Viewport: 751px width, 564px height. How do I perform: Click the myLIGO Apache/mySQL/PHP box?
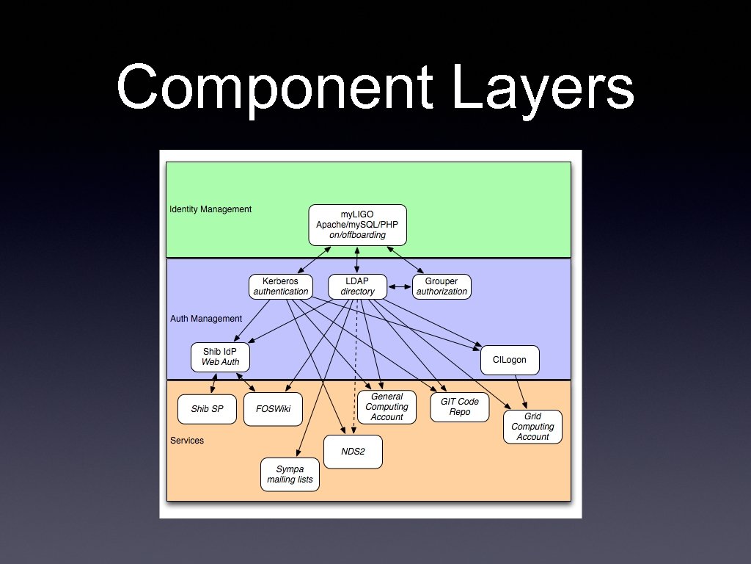tap(357, 225)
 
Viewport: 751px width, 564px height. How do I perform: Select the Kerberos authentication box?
tap(281, 286)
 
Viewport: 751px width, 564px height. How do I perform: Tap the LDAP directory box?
tap(357, 286)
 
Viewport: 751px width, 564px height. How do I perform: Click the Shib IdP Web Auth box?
tap(220, 357)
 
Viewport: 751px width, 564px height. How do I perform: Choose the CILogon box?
tap(510, 360)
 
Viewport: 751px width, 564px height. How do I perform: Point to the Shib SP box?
tap(207, 409)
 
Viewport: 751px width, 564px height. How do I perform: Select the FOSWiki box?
tap(272, 409)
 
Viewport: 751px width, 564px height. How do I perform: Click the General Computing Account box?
tap(387, 407)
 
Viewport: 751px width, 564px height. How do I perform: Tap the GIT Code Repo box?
tap(460, 407)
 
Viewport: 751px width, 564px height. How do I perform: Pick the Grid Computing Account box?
tap(532, 427)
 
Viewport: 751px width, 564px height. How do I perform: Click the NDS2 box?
tap(353, 452)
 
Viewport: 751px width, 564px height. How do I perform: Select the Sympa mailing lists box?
tap(290, 474)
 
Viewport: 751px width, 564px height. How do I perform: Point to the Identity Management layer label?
tap(210, 209)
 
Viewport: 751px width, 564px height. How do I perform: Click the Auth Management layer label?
tap(206, 319)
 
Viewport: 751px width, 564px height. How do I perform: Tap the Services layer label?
tap(187, 441)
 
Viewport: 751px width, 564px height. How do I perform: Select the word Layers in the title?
tap(543, 88)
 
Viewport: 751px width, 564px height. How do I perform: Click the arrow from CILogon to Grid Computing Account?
tap(521, 391)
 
